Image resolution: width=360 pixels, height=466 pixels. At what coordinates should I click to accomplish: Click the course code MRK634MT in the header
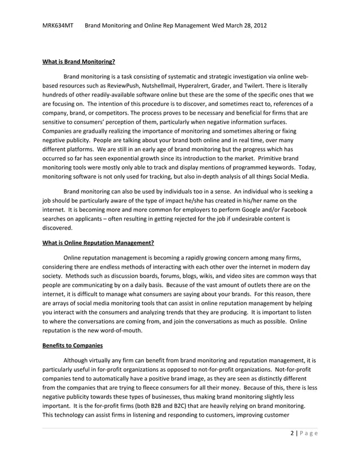pyautogui.click(x=58, y=26)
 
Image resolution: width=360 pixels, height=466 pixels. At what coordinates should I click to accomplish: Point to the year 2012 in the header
pyautogui.click(x=259, y=26)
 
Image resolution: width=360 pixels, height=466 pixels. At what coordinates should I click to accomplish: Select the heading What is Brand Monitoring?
pyautogui.click(x=79, y=62)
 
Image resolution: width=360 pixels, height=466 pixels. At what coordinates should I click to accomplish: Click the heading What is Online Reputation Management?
pyautogui.click(x=99, y=243)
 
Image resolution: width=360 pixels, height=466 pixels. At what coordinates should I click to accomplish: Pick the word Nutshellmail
pyautogui.click(x=155, y=85)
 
